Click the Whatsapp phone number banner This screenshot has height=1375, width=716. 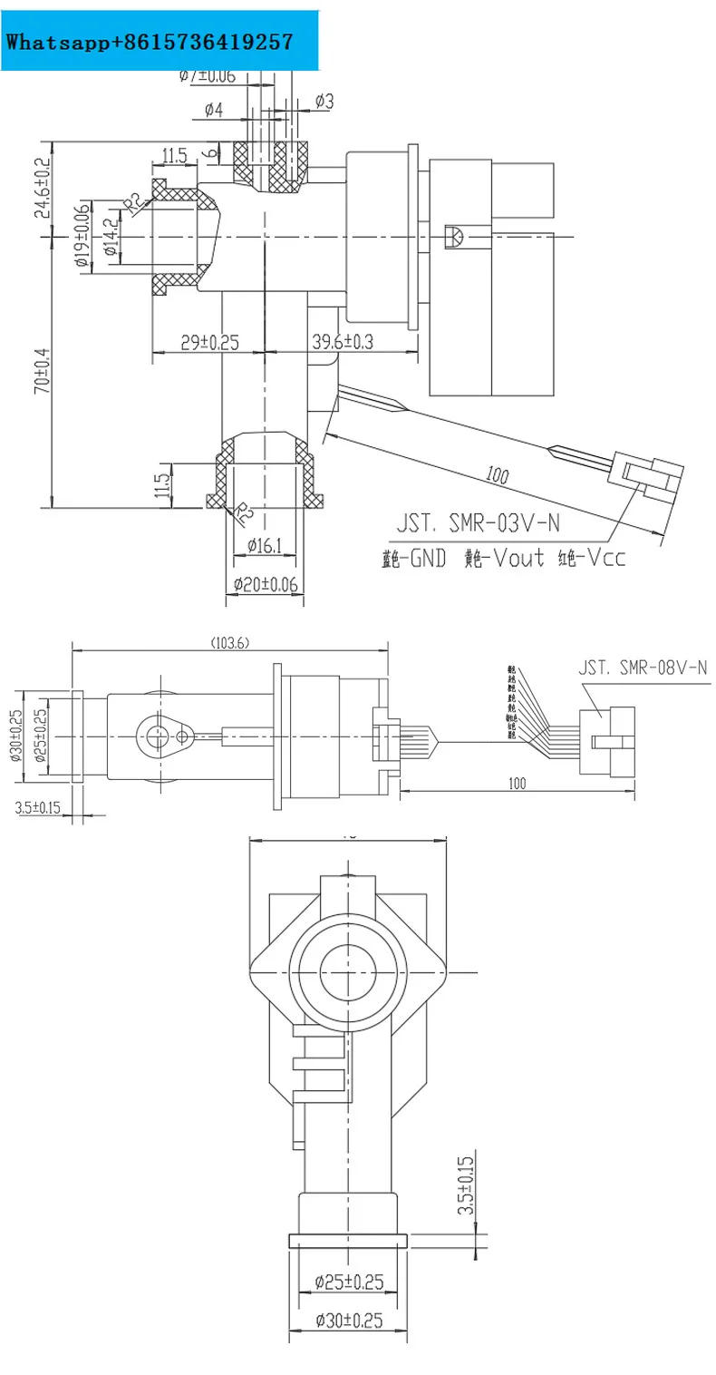[150, 42]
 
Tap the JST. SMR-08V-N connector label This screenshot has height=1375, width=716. [643, 668]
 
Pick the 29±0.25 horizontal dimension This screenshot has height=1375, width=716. [209, 342]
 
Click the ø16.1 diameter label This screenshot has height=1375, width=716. [266, 546]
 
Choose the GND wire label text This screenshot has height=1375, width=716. [411, 558]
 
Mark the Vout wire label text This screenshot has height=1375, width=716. [503, 558]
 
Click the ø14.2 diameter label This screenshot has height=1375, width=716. [110, 238]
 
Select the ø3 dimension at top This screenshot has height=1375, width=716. [324, 102]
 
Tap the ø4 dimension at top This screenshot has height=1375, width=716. [214, 110]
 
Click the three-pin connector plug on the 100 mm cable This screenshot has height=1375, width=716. [649, 477]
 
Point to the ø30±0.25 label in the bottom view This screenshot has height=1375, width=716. [349, 1321]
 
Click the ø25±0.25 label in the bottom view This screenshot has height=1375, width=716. [349, 1282]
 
